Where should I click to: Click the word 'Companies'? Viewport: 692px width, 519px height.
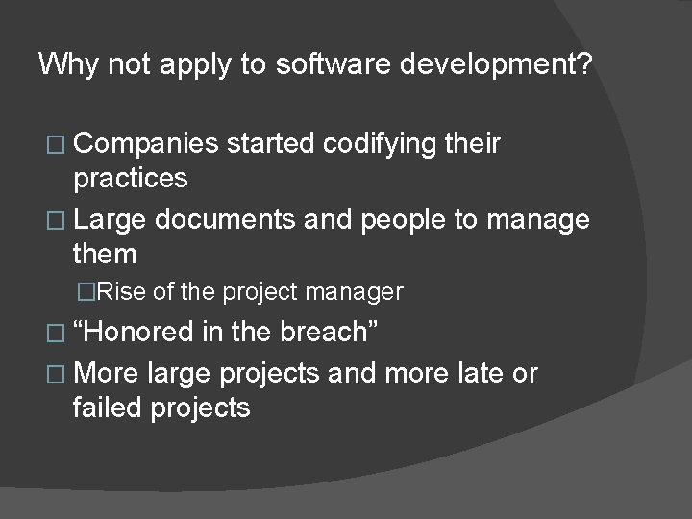pyautogui.click(x=146, y=144)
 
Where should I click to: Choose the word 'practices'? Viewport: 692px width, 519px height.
pyautogui.click(x=130, y=180)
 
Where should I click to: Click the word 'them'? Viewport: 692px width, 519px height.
pyautogui.click(x=104, y=255)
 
